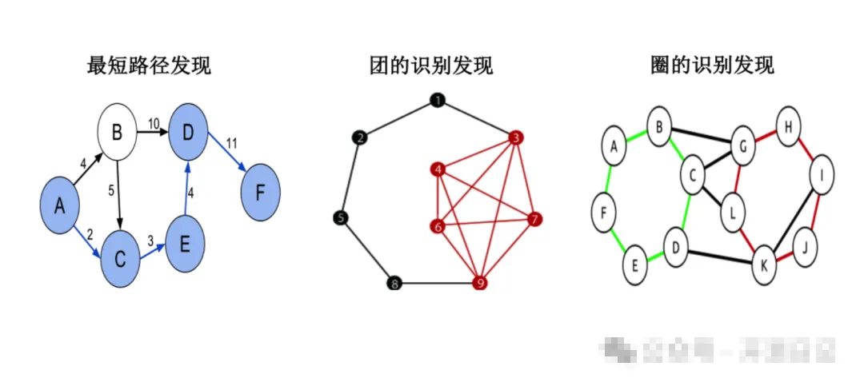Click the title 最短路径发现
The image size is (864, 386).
tap(149, 65)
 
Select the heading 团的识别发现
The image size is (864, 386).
tap(431, 65)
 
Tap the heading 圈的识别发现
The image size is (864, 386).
tap(713, 65)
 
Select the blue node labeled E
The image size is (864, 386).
tap(185, 242)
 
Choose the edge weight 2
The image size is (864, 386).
tap(90, 235)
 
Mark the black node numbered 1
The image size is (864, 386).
tap(437, 101)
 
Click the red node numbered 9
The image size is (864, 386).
tap(480, 283)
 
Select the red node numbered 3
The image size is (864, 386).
tap(516, 138)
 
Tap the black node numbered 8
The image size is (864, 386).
tap(393, 283)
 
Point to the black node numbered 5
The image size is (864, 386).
tap(341, 217)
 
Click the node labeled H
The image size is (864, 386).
tap(789, 127)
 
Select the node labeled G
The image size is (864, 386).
tap(742, 147)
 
